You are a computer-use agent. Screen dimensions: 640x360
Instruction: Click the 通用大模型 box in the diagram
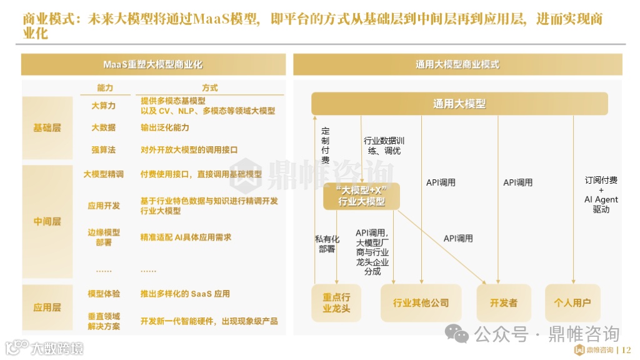coord(459,104)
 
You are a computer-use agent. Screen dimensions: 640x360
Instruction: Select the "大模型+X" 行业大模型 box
coord(361,196)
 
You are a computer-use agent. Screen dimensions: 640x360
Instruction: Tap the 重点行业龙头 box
coord(336,303)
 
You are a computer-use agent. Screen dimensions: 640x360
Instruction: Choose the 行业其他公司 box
coord(421,303)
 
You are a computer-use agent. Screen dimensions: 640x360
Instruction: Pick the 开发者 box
coord(503,303)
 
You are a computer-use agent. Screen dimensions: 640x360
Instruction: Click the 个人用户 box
coord(572,303)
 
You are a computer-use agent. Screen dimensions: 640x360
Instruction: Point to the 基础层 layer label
coord(47,127)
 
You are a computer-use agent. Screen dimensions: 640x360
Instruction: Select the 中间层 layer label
coord(47,221)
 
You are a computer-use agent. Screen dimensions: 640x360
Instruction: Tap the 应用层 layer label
coord(47,307)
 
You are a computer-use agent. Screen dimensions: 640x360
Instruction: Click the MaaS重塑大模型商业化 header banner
coord(153,64)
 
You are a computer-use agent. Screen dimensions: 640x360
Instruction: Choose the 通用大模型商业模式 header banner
coord(457,64)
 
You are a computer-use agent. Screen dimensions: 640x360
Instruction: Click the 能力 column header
coord(105,88)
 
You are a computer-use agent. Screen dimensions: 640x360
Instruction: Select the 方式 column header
coord(210,88)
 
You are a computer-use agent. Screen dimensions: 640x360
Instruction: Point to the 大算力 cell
coord(104,106)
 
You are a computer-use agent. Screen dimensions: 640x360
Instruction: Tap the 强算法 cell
coord(104,150)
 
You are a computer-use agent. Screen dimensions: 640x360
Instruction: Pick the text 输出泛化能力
coord(165,127)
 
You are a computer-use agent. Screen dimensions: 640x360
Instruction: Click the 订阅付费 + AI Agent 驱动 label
coord(601,194)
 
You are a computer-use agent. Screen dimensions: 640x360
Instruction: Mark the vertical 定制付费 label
coord(325,146)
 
